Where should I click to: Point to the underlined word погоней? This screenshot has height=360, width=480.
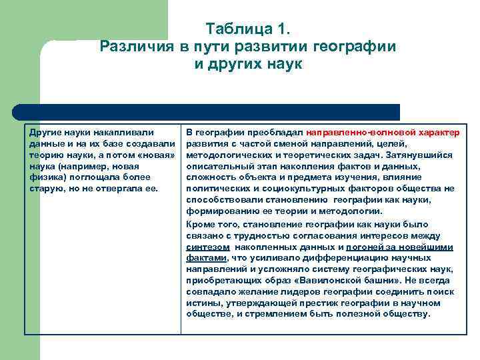[x=357, y=247]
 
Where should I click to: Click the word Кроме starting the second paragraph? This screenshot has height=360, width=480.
[x=200, y=224]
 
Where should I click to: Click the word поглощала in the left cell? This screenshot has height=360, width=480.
[x=91, y=177]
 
